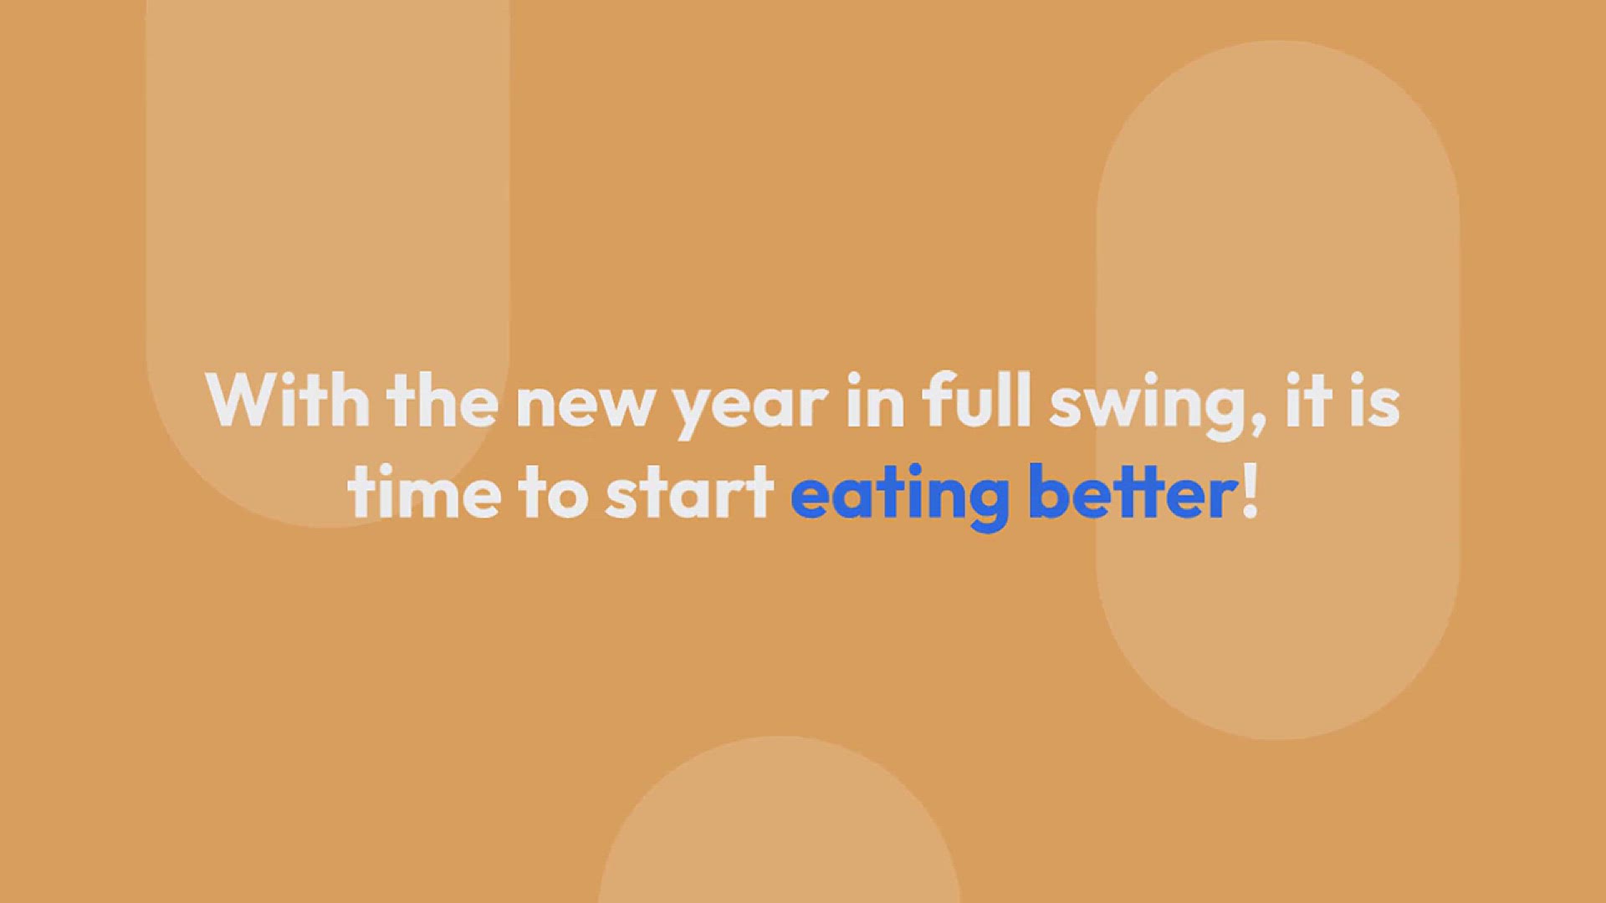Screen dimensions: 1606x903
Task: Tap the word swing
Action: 1148,407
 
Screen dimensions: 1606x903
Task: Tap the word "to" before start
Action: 553,493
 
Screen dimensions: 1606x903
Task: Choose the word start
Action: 689,493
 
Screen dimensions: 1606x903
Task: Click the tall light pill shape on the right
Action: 1278,390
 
